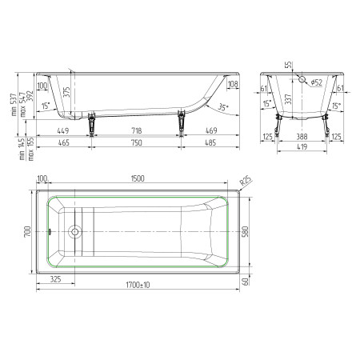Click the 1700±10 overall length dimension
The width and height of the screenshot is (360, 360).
(141, 285)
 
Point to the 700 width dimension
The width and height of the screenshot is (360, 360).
(26, 232)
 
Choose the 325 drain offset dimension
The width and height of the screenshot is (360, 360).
(56, 279)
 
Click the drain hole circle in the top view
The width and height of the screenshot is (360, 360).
(75, 234)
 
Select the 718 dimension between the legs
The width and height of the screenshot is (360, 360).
(134, 130)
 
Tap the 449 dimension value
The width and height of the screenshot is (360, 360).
(64, 130)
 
